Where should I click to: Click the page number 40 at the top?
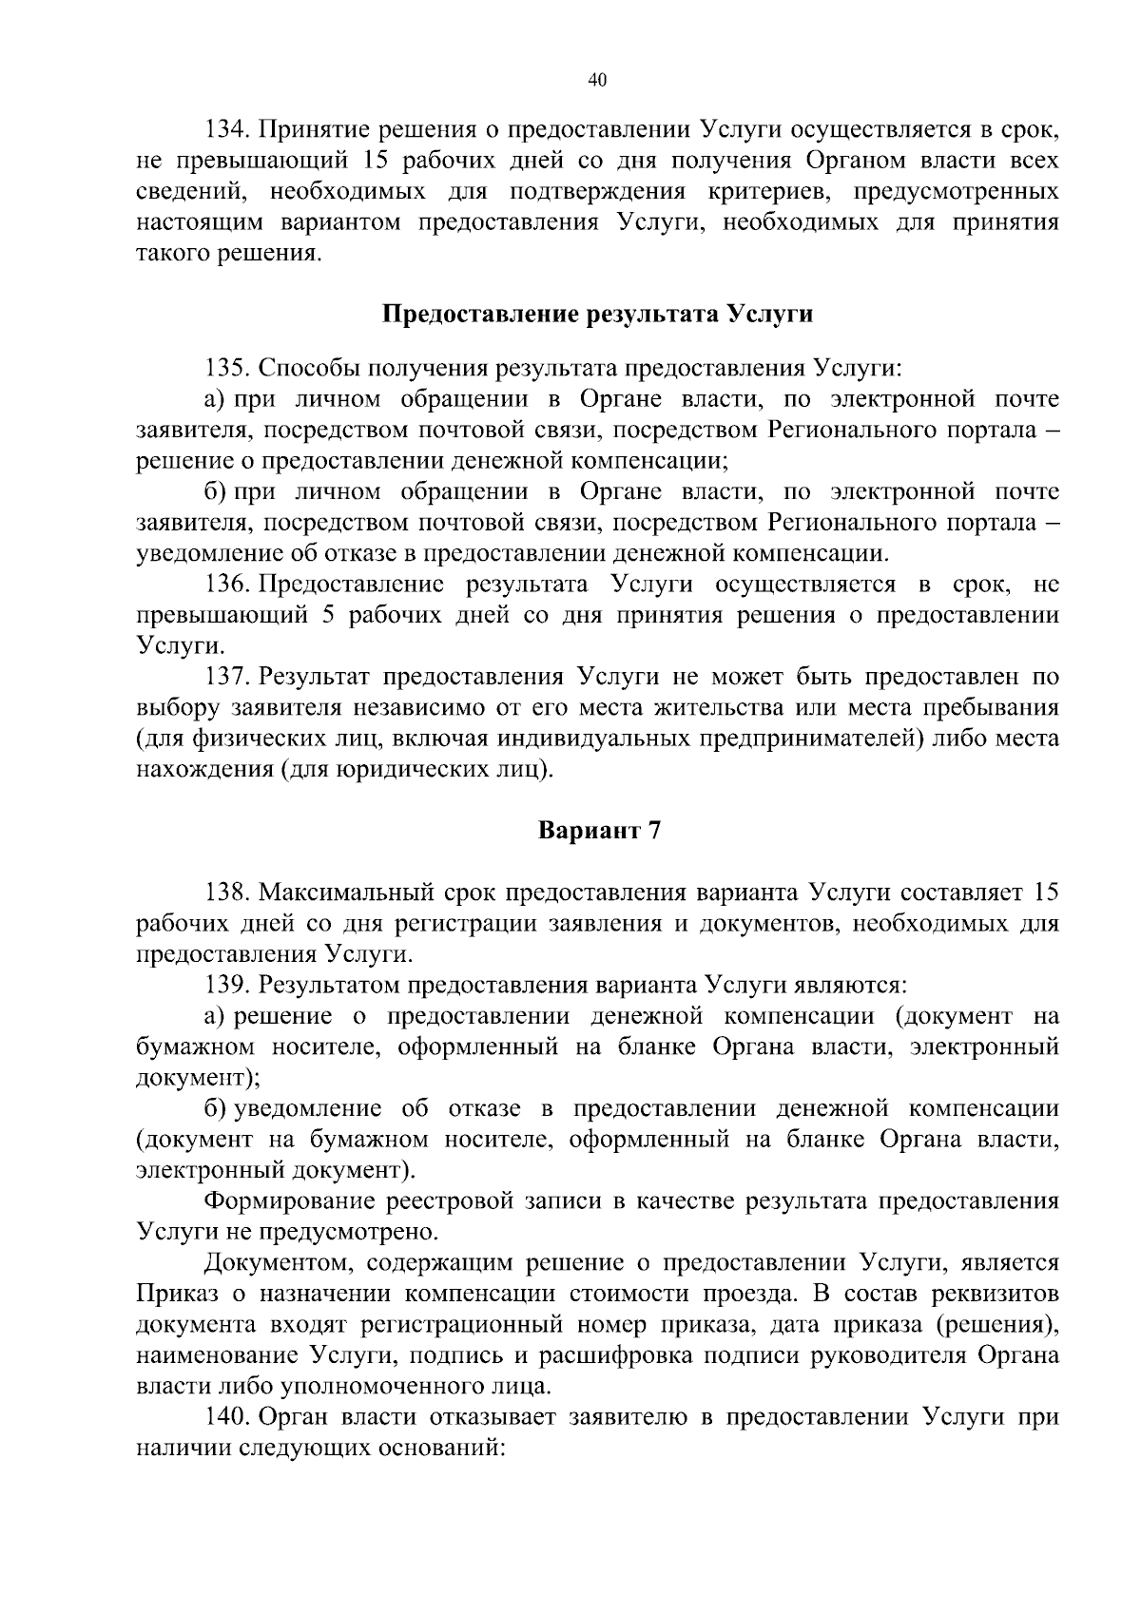point(597,81)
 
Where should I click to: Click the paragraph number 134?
point(228,130)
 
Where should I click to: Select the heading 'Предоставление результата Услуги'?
point(597,314)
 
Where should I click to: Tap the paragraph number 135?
point(228,368)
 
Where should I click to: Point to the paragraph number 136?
point(228,585)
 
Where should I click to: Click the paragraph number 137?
point(228,677)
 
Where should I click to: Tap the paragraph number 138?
point(228,893)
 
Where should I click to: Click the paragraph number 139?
point(228,985)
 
